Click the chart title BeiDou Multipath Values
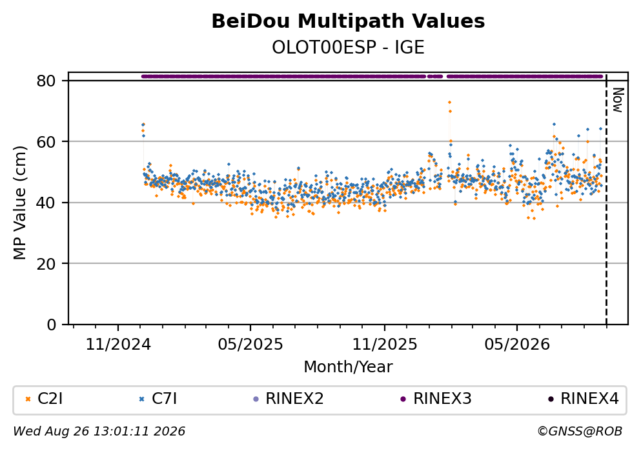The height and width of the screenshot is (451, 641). (348, 21)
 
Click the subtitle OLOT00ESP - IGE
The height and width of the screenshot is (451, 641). (348, 47)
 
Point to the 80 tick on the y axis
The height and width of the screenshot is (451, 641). (46, 81)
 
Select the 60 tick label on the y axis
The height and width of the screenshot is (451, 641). (46, 142)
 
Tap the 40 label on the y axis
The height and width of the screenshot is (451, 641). (46, 203)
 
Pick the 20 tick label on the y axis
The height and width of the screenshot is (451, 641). (46, 263)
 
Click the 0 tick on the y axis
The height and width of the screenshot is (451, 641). (51, 325)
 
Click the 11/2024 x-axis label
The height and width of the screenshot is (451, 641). (118, 345)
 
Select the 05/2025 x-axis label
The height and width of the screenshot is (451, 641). (250, 345)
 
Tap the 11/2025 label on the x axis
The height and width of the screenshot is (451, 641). (385, 345)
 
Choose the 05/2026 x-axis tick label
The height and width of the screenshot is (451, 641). (517, 345)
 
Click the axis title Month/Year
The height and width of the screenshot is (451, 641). (348, 367)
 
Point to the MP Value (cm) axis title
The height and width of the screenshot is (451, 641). (19, 203)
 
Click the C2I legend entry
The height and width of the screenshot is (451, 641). (44, 399)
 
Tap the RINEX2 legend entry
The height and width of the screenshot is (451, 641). (288, 399)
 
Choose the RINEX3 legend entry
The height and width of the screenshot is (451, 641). (436, 399)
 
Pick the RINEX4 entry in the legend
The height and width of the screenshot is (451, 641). (584, 399)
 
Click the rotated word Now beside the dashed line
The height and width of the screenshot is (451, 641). (618, 100)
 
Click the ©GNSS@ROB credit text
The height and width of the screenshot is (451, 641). (580, 432)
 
